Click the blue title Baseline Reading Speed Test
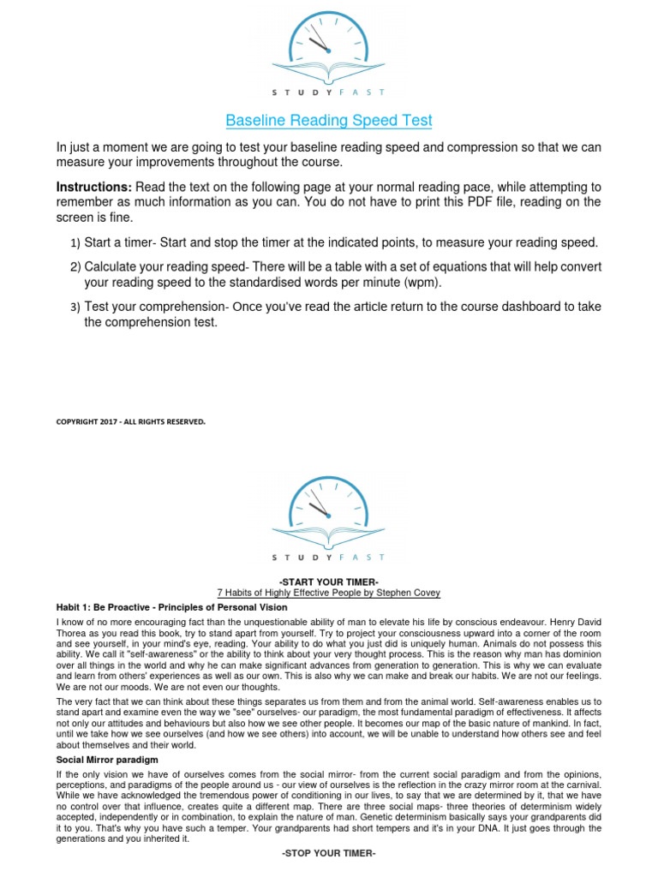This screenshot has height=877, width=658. tap(329, 121)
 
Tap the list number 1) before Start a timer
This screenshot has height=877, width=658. tap(75, 243)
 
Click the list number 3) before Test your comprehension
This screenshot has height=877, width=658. tap(75, 307)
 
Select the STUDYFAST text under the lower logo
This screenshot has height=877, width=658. tap(329, 558)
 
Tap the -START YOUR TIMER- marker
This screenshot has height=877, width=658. tap(329, 582)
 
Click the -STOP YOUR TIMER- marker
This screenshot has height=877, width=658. tap(329, 854)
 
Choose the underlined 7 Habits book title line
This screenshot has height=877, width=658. tap(329, 594)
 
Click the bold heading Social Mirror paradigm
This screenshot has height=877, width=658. tap(107, 760)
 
